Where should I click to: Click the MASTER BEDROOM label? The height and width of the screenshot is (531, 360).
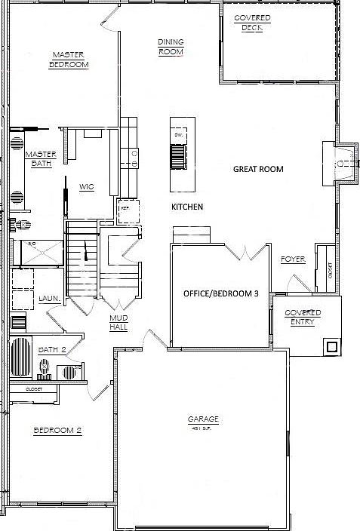(x=69, y=60)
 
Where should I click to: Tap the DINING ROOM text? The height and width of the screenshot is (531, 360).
(x=171, y=47)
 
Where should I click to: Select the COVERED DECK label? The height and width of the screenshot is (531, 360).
(x=252, y=23)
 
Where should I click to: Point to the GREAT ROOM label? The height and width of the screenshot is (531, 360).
(x=258, y=169)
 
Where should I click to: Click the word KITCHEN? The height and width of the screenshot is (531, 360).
(x=187, y=207)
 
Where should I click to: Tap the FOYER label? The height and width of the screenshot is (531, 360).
(x=293, y=259)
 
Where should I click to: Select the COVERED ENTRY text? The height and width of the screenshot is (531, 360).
(x=303, y=318)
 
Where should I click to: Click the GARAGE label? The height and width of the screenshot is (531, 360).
(x=203, y=419)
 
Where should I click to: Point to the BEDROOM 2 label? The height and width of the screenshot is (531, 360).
(x=57, y=430)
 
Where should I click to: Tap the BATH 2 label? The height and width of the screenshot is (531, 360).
(x=54, y=349)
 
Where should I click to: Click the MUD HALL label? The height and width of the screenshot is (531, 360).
(x=118, y=323)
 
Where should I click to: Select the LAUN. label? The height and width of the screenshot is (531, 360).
(x=50, y=298)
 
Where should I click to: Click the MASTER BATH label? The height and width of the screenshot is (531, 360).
(x=40, y=159)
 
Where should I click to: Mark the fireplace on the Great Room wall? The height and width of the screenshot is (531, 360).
(x=344, y=163)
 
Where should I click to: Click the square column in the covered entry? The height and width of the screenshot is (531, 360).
(x=330, y=346)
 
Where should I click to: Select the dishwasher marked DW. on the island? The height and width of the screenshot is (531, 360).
(x=178, y=136)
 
